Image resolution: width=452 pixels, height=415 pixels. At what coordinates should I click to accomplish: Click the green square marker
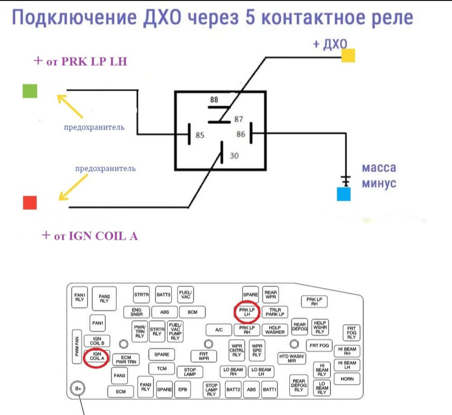click(x=30, y=91)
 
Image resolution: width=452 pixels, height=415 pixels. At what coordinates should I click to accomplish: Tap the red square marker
click(x=30, y=202)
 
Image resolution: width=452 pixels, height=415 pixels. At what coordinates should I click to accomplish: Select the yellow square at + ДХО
click(x=348, y=55)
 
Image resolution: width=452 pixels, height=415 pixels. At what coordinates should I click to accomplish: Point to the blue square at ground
click(x=344, y=194)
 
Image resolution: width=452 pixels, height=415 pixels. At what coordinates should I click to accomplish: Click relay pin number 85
click(x=200, y=135)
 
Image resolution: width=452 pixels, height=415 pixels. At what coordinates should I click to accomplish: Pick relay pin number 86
click(x=241, y=134)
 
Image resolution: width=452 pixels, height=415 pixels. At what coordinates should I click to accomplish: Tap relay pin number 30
click(x=234, y=156)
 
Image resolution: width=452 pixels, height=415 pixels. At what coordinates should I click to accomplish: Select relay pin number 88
click(x=214, y=100)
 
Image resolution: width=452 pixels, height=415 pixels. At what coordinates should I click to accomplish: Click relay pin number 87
click(x=239, y=119)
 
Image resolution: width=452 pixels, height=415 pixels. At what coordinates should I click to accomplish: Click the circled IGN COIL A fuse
click(x=97, y=356)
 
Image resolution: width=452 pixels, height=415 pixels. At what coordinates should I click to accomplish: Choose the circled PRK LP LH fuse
click(x=247, y=312)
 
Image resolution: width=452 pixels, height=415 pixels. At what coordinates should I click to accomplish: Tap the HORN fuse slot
click(x=347, y=379)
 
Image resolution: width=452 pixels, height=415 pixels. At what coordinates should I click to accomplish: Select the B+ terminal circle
click(x=78, y=389)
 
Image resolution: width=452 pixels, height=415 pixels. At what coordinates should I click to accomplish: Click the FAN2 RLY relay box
click(x=104, y=299)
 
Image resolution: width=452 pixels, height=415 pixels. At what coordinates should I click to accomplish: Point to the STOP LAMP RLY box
click(x=211, y=389)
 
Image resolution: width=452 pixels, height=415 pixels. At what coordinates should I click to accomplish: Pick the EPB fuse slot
click(x=182, y=389)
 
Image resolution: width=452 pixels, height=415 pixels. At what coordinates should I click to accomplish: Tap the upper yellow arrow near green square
click(x=70, y=106)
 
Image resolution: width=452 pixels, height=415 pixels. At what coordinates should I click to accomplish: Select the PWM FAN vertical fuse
click(x=77, y=346)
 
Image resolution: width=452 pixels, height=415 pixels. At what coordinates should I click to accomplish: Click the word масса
click(x=379, y=168)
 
